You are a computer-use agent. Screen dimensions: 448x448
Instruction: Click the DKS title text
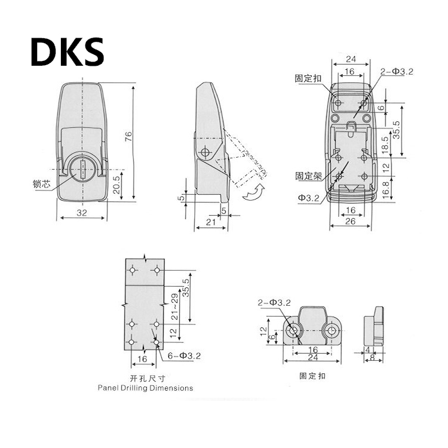pyautogui.click(x=67, y=52)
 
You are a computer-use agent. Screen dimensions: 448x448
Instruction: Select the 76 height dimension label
pyautogui.click(x=128, y=136)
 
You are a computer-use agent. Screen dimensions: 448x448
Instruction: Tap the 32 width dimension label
pyautogui.click(x=81, y=213)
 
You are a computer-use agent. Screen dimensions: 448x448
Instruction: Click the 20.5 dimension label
pyautogui.click(x=116, y=185)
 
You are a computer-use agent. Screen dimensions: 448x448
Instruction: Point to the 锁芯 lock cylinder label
pyautogui.click(x=42, y=183)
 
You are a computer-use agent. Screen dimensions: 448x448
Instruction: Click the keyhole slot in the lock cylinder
pyautogui.click(x=82, y=170)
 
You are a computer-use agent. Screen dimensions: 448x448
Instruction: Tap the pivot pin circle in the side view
pyautogui.click(x=205, y=152)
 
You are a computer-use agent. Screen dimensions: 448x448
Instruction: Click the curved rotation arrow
pyautogui.click(x=254, y=192)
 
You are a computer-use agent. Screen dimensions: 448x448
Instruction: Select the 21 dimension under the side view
pyautogui.click(x=211, y=222)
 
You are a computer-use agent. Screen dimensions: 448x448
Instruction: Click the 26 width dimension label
pyautogui.click(x=350, y=221)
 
